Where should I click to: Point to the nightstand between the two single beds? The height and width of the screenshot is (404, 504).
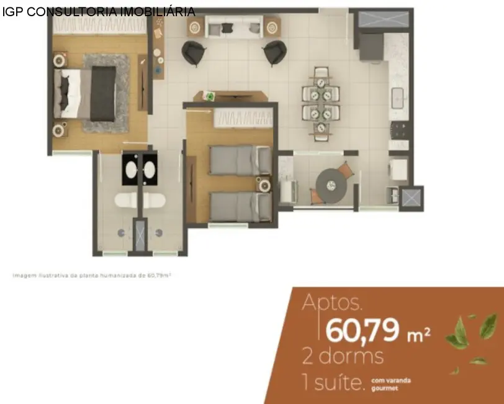[x=265, y=184]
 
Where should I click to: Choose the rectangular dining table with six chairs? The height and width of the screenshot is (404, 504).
[x=321, y=103]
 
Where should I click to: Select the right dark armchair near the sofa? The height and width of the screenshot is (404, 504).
[x=274, y=53]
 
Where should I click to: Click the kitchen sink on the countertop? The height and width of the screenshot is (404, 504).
[x=398, y=97]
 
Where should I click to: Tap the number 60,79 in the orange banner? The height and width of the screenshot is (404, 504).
[x=362, y=330]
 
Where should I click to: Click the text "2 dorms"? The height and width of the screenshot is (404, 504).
[x=343, y=357]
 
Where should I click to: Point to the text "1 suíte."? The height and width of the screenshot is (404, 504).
[x=333, y=382]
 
